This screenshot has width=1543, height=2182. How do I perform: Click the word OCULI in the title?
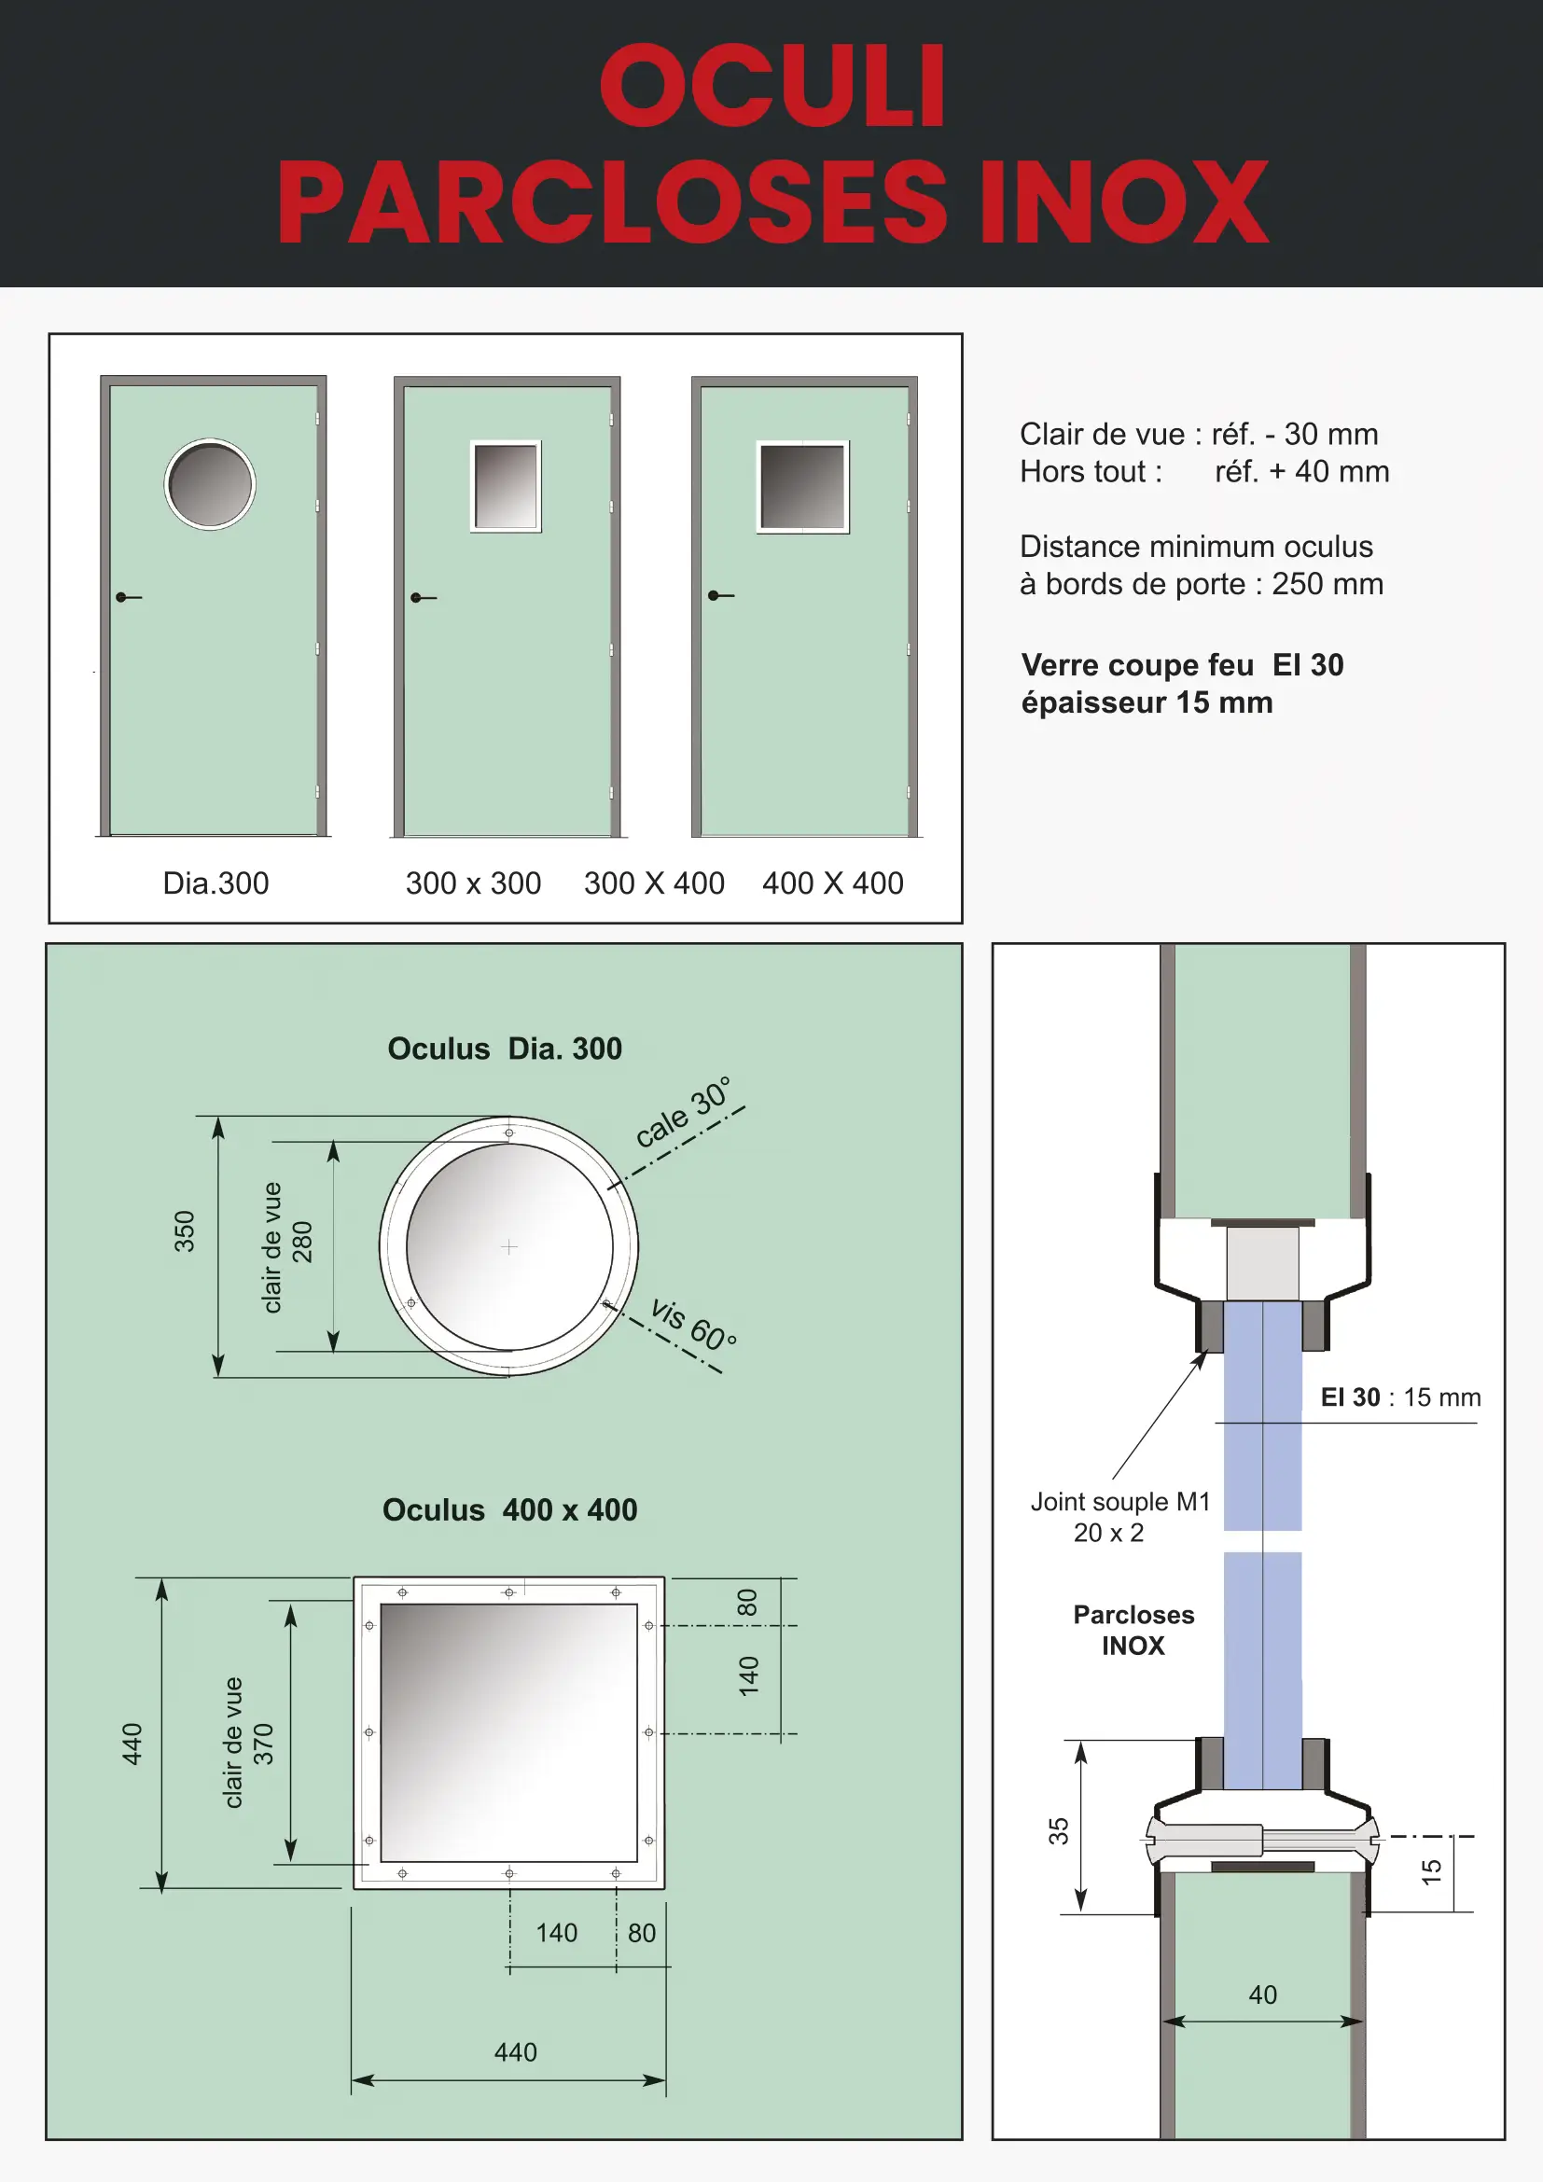tap(772, 86)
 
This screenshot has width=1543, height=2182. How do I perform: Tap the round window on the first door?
tap(210, 484)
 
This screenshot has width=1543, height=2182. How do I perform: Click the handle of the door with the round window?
tap(128, 597)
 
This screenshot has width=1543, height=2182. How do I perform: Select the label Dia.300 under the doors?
tap(215, 883)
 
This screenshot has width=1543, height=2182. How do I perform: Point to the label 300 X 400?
tap(654, 883)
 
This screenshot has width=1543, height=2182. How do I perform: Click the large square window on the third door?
tap(803, 487)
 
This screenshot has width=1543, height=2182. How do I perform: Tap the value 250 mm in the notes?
tap(1328, 583)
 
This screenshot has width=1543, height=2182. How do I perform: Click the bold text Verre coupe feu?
tap(1137, 664)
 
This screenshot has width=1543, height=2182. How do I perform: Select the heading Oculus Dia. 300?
tap(505, 1049)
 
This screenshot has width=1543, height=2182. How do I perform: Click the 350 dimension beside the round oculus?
tap(185, 1230)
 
